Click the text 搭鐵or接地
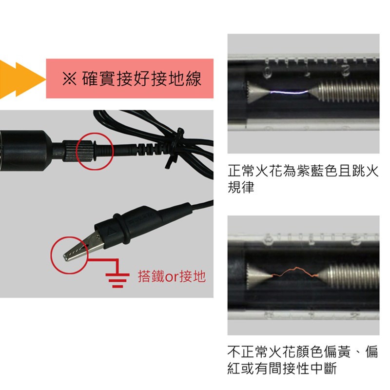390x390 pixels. click(x=172, y=277)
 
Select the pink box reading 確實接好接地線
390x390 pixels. click(x=130, y=78)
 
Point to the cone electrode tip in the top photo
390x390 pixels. click(x=257, y=92)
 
